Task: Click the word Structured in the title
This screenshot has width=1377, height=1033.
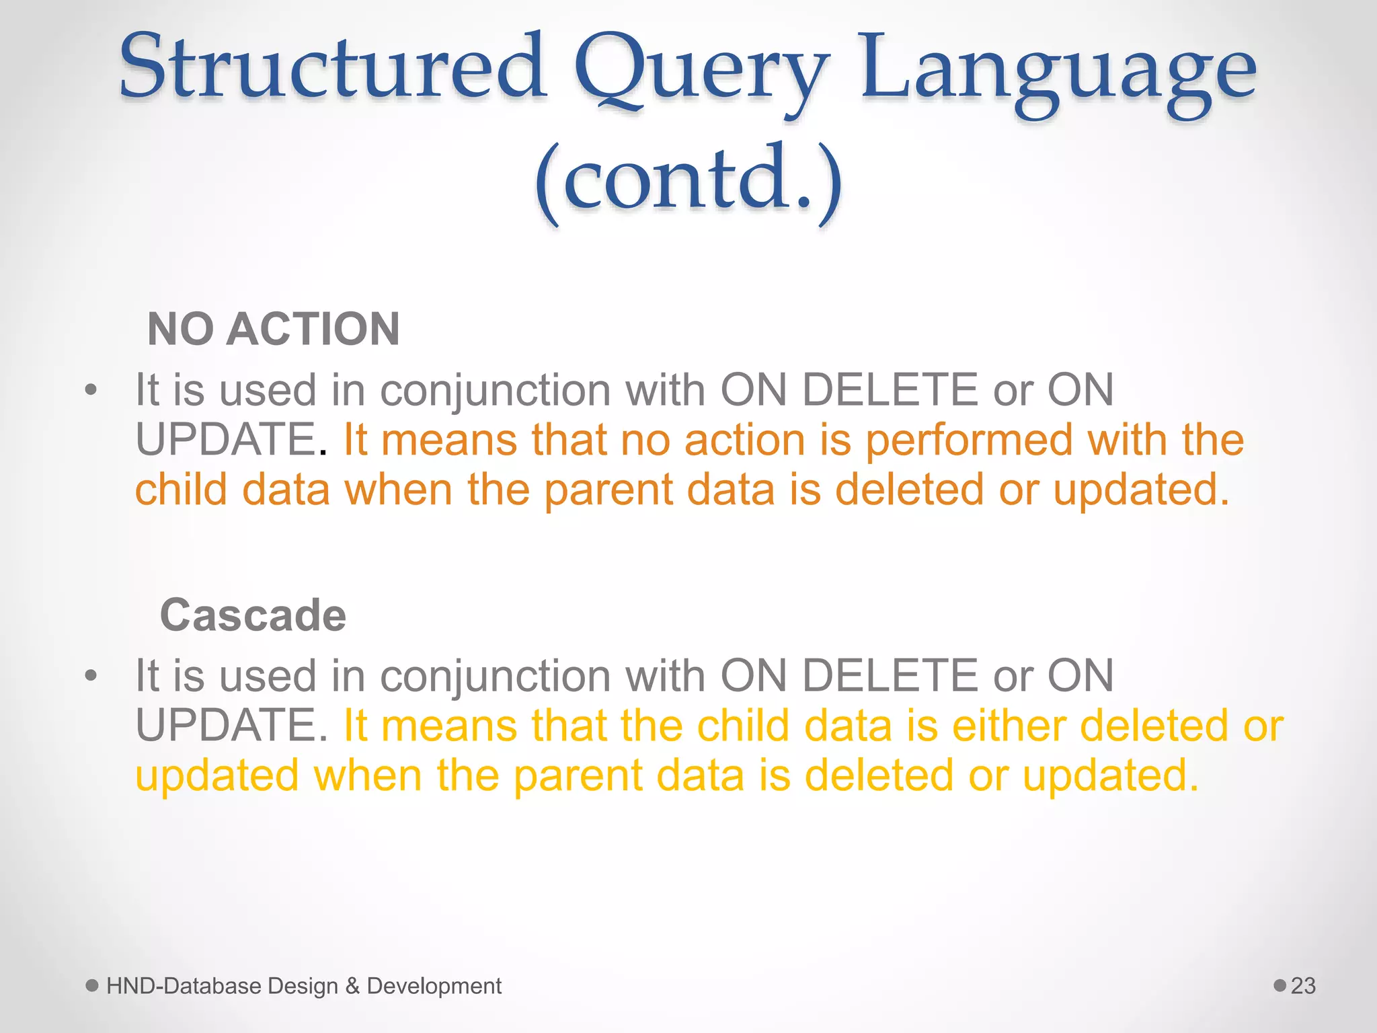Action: point(333,67)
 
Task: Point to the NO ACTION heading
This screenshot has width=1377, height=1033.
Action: point(274,329)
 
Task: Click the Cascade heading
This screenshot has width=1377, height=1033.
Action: point(253,615)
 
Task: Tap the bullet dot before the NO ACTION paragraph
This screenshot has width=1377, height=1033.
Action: point(91,389)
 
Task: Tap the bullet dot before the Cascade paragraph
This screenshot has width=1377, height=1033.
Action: point(91,675)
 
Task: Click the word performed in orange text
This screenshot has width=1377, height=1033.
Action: point(968,441)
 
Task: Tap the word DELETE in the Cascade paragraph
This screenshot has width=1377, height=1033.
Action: point(890,675)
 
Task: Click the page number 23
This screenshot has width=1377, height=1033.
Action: point(1303,986)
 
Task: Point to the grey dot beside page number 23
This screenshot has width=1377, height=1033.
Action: point(1280,985)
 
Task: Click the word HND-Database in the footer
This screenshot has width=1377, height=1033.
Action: point(184,986)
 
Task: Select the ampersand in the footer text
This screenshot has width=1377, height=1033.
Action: point(352,986)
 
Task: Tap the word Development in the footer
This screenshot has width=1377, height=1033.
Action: point(434,987)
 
